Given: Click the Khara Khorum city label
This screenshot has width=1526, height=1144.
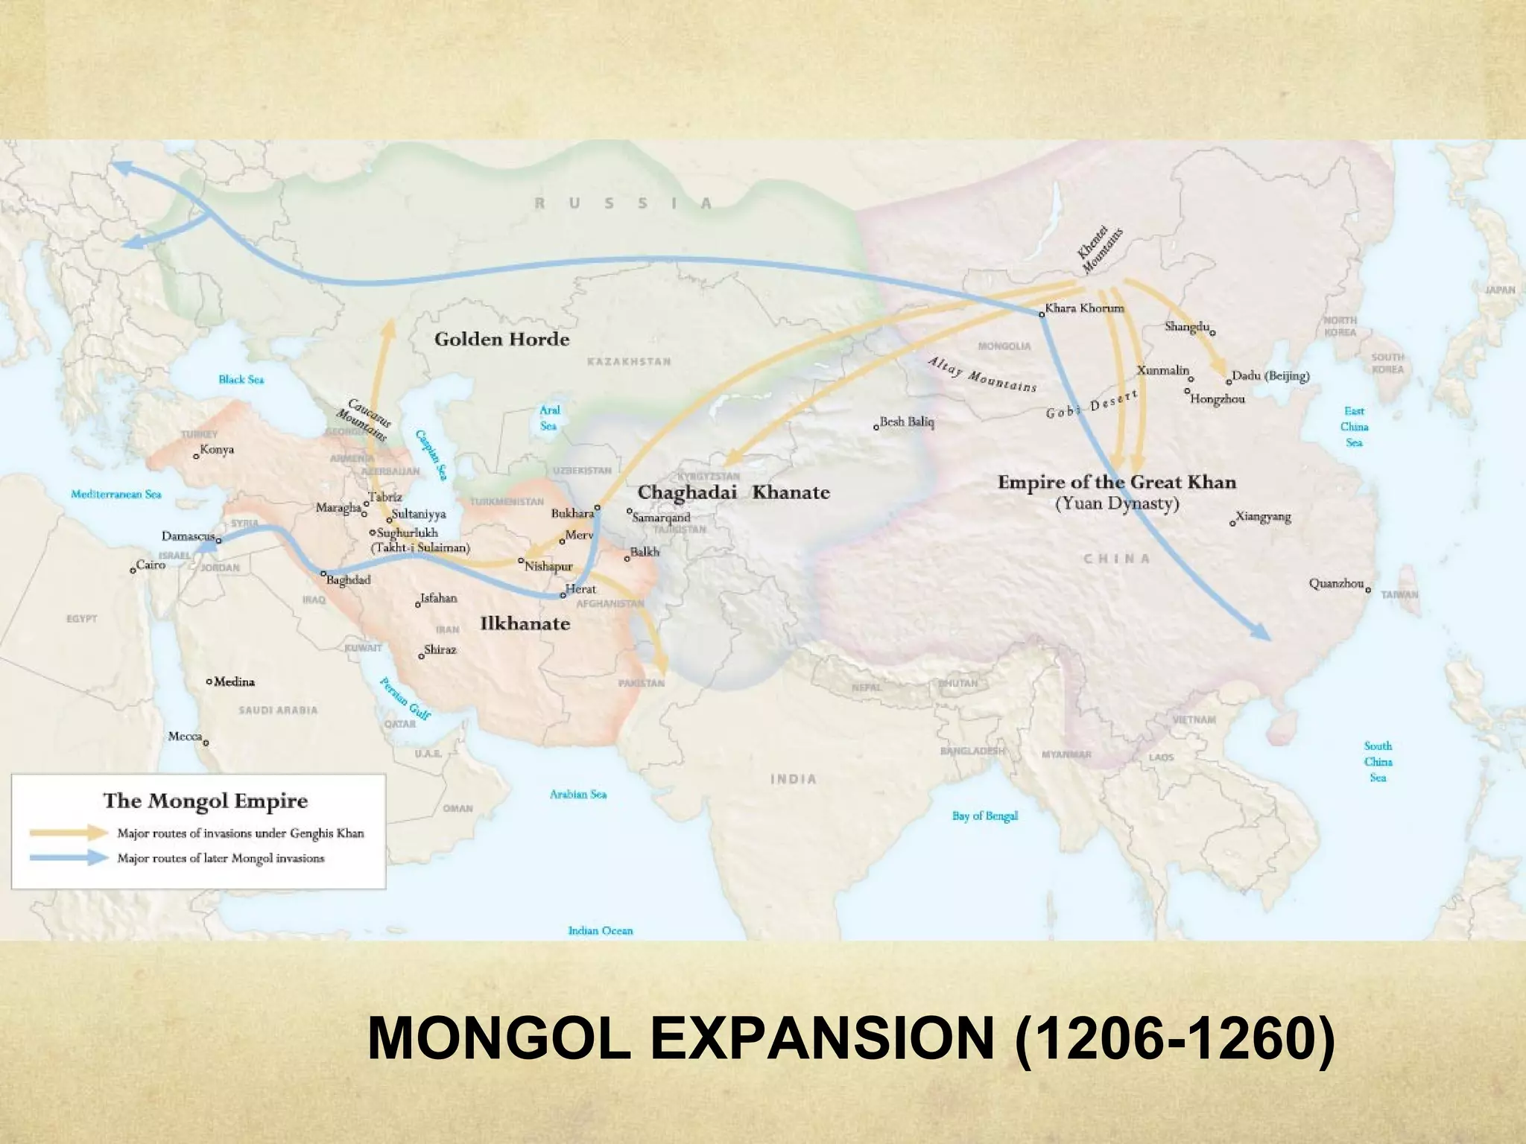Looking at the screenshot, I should (1084, 308).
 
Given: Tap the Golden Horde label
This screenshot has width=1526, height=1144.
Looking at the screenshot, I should (501, 340).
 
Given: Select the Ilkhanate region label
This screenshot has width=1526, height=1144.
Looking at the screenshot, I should (525, 623).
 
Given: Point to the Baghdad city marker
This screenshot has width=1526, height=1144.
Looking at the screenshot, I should (323, 573).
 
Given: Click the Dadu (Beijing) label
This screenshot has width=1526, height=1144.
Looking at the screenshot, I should (1270, 375).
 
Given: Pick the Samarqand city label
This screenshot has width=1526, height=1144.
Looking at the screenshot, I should (662, 517).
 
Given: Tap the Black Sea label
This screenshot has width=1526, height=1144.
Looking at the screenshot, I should (241, 379).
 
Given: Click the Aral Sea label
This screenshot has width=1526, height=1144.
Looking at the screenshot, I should (549, 418).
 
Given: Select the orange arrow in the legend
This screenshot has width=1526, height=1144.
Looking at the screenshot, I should (69, 832).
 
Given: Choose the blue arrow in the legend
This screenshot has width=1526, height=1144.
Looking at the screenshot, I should (69, 857).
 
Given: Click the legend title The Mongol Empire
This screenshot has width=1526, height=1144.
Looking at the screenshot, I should (205, 801).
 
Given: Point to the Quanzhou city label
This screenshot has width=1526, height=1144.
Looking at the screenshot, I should (1336, 583).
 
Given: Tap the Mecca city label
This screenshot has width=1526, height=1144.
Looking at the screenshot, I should (185, 736).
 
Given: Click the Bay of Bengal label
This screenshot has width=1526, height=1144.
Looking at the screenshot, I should (984, 816).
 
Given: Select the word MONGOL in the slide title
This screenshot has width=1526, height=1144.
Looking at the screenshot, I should (498, 1038).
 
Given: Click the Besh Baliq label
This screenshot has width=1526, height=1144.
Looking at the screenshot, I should (907, 422).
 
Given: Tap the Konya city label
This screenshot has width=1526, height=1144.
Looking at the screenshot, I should (217, 449).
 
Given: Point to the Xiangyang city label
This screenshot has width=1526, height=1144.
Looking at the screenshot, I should (1263, 516).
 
